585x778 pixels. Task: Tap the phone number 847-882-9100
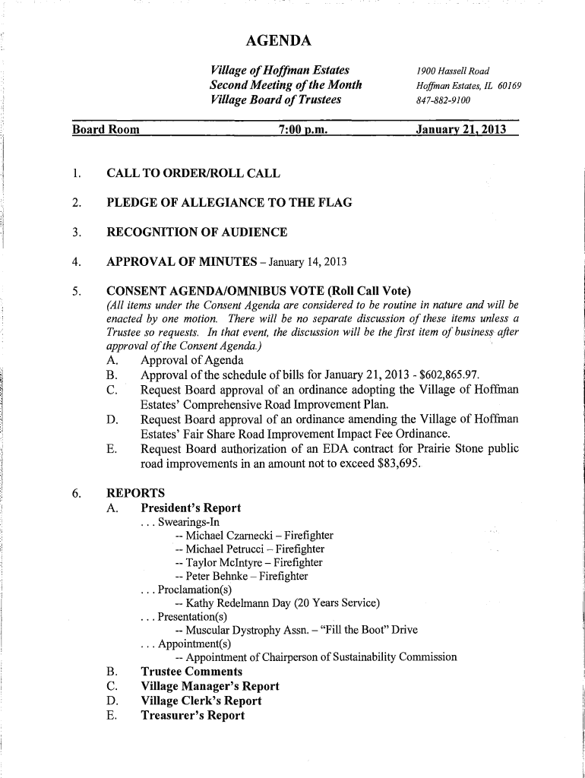tap(443, 100)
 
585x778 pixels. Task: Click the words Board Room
tap(106, 129)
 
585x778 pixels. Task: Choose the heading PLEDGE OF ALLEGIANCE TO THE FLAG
tap(229, 203)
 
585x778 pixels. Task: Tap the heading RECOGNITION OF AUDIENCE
tap(197, 232)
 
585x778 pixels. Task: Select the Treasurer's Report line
tap(193, 716)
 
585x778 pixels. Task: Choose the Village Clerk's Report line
tap(201, 701)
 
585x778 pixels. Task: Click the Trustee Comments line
tap(192, 672)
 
